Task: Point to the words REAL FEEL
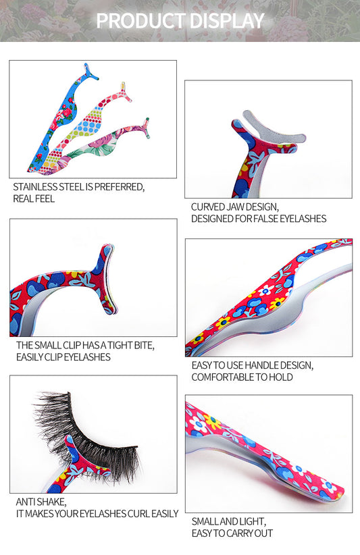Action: (x=34, y=199)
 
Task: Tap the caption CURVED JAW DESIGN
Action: (x=234, y=207)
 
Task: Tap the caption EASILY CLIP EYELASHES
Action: (x=63, y=357)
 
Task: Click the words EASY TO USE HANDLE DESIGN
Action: (x=252, y=365)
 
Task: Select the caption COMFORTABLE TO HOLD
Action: (x=242, y=377)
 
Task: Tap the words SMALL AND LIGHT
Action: (x=228, y=522)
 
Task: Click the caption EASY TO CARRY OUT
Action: (x=232, y=533)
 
